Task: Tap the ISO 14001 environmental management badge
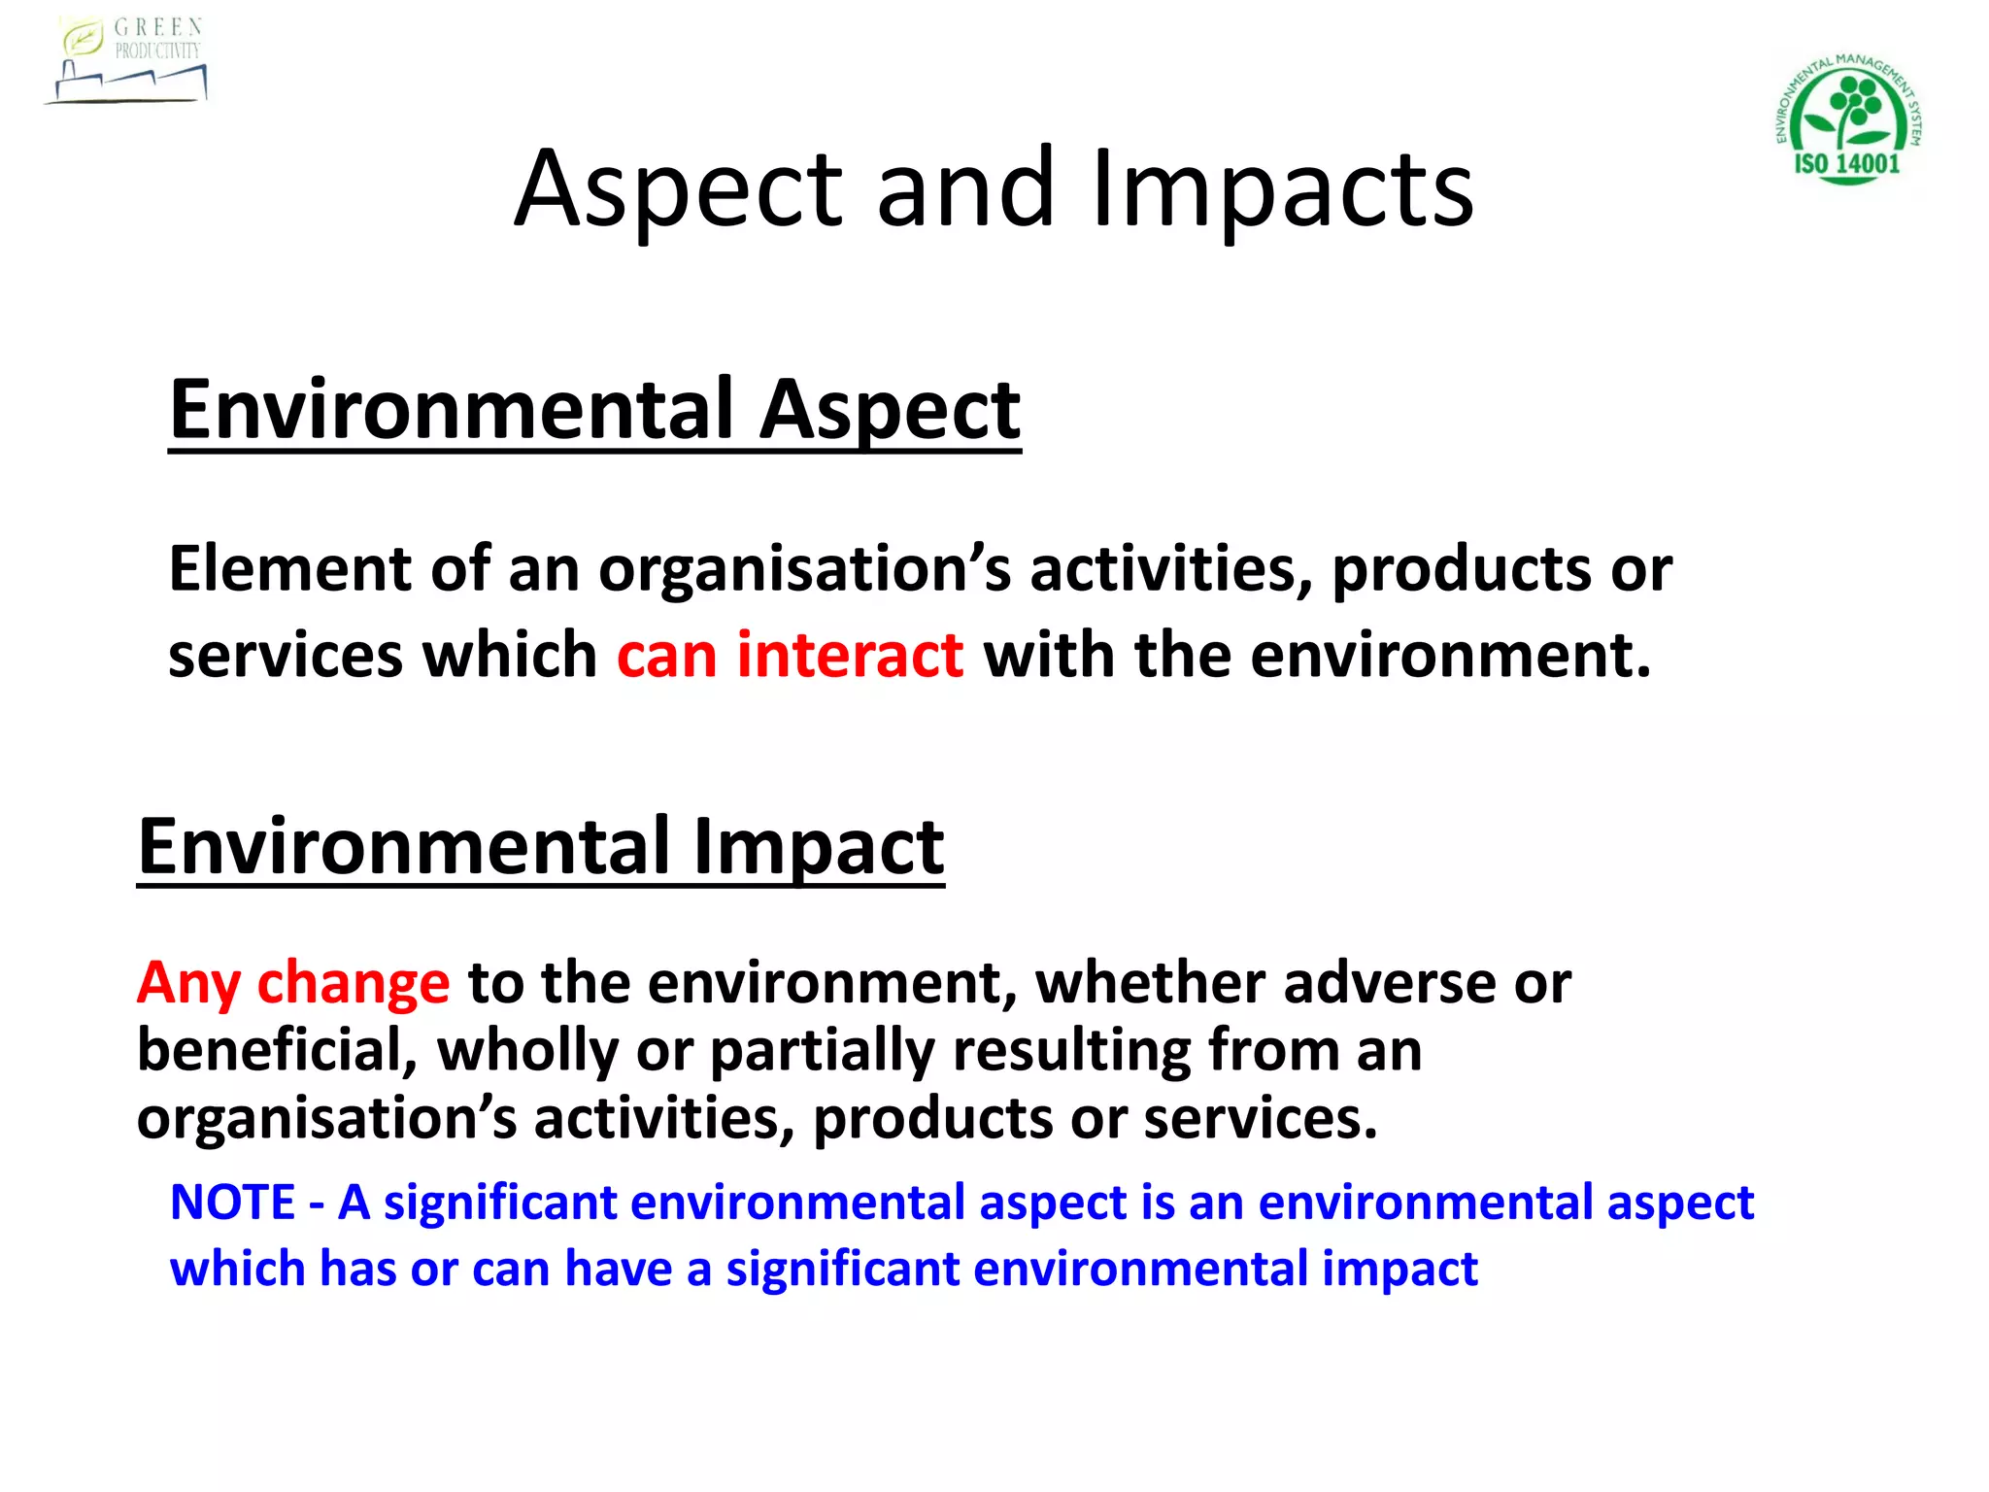click(1848, 119)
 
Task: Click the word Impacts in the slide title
click(1282, 188)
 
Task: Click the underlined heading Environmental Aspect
click(594, 409)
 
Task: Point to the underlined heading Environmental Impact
click(540, 846)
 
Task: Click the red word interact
click(850, 655)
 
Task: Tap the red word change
click(353, 983)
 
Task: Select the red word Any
click(188, 983)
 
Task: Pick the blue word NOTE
click(232, 1203)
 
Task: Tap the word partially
click(823, 1052)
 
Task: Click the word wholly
click(527, 1052)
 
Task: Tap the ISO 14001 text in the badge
click(1846, 163)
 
